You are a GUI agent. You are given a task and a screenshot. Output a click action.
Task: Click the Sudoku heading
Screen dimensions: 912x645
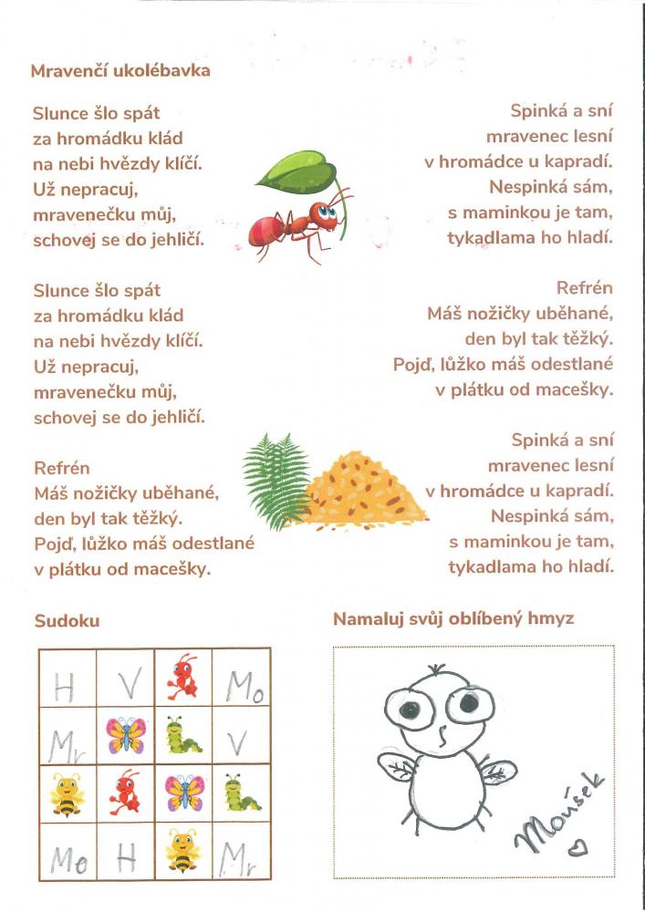point(67,621)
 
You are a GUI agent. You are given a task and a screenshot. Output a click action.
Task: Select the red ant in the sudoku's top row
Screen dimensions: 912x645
point(183,677)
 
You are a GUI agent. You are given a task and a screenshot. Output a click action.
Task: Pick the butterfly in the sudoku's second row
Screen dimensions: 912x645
point(126,734)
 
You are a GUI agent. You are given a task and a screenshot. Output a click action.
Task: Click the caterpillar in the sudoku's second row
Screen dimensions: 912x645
point(183,735)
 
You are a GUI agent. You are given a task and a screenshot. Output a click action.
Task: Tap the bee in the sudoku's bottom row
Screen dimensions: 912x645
point(183,850)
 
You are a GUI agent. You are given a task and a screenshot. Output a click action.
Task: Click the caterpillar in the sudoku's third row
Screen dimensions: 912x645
point(241,793)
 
